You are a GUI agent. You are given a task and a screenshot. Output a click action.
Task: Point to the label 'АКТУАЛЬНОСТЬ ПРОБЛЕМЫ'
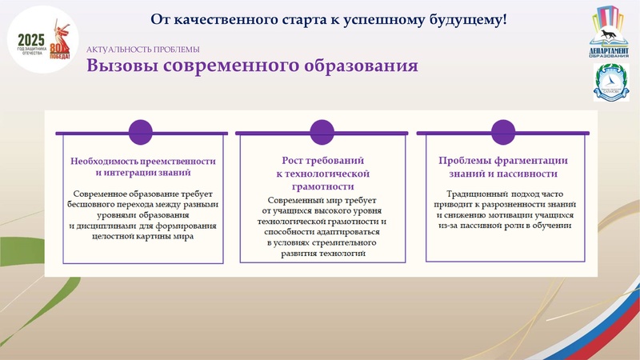pos(142,49)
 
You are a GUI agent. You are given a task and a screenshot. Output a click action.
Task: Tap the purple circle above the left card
pos(141,131)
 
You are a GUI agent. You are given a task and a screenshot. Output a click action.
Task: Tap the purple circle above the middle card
pos(321,131)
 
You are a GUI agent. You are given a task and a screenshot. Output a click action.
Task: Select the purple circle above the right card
pos(502,131)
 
